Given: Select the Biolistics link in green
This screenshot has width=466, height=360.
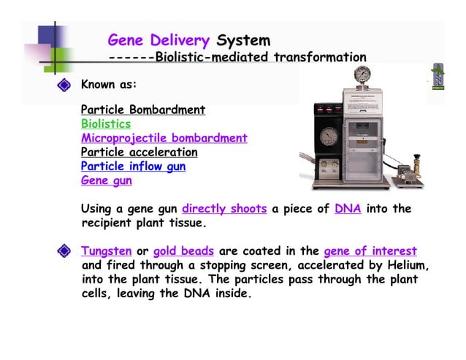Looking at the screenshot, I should pyautogui.click(x=106, y=124).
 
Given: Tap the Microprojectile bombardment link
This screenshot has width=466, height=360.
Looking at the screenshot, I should pyautogui.click(x=164, y=138).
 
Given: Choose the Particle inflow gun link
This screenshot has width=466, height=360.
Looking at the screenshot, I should pyautogui.click(x=133, y=166).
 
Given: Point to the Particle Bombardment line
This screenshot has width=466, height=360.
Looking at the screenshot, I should pyautogui.click(x=142, y=110).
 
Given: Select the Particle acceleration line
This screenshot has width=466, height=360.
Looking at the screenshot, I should pyautogui.click(x=139, y=153).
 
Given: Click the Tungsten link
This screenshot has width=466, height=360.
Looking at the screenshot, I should pyautogui.click(x=106, y=251).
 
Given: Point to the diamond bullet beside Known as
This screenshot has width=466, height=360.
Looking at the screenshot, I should pyautogui.click(x=64, y=85).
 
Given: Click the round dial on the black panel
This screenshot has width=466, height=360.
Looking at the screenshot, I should pyautogui.click(x=329, y=137).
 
